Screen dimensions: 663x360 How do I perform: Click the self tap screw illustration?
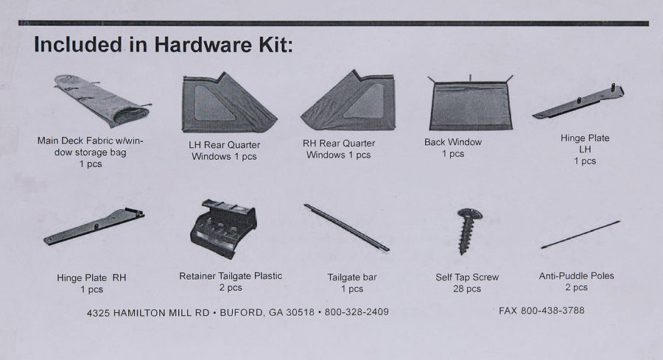click(469, 231)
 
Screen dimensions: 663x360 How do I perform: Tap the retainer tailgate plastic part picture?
click(223, 229)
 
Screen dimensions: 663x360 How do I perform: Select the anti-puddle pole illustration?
click(580, 235)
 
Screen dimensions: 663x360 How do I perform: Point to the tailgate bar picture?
click(346, 227)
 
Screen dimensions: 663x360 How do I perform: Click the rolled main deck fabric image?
click(102, 102)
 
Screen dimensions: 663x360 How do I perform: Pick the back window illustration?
click(471, 102)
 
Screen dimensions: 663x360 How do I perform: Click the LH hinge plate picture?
click(578, 102)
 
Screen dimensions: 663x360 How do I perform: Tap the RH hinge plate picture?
click(94, 227)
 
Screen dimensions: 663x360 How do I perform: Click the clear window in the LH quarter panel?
click(214, 103)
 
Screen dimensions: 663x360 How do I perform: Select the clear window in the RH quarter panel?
click(365, 102)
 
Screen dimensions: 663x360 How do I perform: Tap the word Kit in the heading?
click(276, 44)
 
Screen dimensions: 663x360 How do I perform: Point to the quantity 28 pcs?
click(467, 289)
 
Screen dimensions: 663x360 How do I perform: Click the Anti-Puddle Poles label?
click(576, 276)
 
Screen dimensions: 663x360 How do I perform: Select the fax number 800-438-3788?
click(552, 311)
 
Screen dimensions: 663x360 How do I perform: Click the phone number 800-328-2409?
click(357, 312)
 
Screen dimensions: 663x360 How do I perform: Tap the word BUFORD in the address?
click(241, 313)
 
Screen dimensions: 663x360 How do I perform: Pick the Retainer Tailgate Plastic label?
click(231, 276)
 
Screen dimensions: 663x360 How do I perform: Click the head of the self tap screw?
click(470, 214)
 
